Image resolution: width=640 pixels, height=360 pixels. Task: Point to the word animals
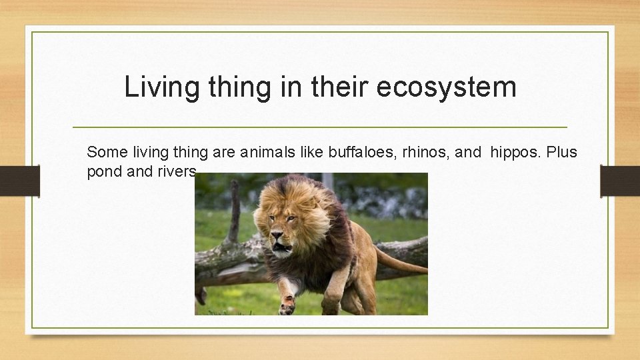(269, 152)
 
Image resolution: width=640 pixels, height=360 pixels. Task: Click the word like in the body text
(313, 152)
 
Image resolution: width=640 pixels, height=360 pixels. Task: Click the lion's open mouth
(283, 249)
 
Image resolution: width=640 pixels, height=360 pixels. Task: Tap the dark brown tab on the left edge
(19, 181)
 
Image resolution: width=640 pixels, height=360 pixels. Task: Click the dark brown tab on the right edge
(619, 181)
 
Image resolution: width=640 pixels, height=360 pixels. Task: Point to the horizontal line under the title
(319, 127)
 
